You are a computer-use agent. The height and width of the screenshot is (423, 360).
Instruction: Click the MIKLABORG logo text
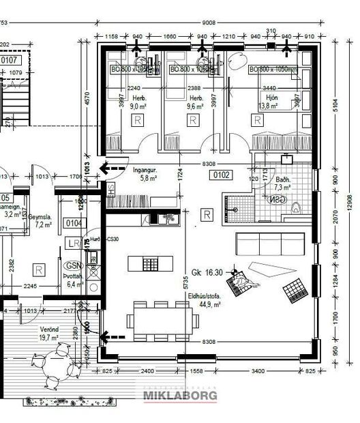pos(180,395)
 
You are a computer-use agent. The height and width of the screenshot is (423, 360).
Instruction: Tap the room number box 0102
pos(223,175)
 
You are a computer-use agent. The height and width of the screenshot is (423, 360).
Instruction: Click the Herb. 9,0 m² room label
pos(139,102)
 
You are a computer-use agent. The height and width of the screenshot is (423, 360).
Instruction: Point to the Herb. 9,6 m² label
pos(195,102)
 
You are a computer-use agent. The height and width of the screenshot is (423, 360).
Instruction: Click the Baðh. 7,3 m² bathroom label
pos(282,183)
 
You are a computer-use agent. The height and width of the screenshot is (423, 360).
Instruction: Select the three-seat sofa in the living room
pos(268,244)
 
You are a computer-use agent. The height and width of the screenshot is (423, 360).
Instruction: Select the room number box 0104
pos(73,223)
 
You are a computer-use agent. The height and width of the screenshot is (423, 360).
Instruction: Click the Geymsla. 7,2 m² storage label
pos(44,220)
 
